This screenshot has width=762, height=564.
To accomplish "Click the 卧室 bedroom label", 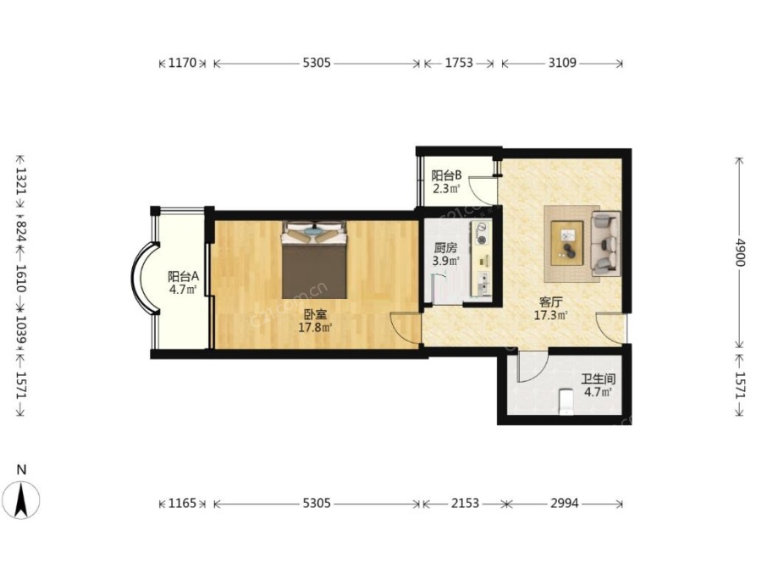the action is point(316,314).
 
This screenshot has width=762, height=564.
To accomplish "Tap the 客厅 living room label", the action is point(550,302).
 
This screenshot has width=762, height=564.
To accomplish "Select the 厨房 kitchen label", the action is point(445,248).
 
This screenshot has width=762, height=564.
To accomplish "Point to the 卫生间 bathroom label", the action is point(599,379).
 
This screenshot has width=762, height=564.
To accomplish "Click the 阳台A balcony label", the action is point(183,277).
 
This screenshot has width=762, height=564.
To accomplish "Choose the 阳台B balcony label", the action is point(446,175).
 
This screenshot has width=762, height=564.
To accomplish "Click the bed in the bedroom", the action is point(315,260).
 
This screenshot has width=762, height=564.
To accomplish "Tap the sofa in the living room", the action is point(605,242).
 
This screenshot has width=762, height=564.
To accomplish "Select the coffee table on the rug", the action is point(567,243).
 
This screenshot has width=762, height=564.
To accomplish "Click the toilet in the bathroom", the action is point(566,401).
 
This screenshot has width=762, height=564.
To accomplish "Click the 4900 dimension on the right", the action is point(739,252).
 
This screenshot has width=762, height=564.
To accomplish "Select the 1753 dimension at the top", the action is point(459,63).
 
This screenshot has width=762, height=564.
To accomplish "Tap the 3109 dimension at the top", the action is point(562,63).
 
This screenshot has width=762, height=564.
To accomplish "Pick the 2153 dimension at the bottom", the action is point(465,503).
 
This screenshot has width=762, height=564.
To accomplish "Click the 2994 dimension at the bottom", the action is point(565,503).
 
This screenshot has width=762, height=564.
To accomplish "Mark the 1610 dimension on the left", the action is point(21,278).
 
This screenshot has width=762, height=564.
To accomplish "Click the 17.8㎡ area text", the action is point(316,327).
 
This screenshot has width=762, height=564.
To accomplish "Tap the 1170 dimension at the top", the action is point(182,63).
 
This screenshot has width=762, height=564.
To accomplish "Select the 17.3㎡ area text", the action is point(551,315).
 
